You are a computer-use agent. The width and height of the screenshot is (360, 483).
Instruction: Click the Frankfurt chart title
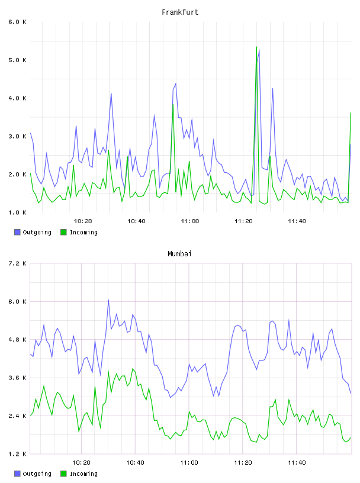pyautogui.click(x=180, y=12)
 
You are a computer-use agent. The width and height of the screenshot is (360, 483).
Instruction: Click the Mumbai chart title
pyautogui.click(x=179, y=253)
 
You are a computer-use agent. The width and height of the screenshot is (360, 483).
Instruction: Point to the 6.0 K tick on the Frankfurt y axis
pyautogui.click(x=18, y=22)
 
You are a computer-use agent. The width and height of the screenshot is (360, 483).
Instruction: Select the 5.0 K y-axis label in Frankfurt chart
pyautogui.click(x=18, y=60)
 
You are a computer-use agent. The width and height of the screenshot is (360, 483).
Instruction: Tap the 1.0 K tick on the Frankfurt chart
pyautogui.click(x=18, y=212)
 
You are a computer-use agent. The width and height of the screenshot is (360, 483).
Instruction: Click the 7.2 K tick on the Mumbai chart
pyautogui.click(x=18, y=263)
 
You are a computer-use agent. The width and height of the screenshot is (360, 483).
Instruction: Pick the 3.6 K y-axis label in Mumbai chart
pyautogui.click(x=18, y=378)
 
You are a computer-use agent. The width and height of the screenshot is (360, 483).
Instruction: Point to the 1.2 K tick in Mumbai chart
pyautogui.click(x=18, y=454)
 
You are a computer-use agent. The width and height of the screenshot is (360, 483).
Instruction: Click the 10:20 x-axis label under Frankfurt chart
pyautogui.click(x=83, y=221)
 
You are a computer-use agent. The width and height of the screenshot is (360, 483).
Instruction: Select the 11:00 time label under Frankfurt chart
pyautogui.click(x=190, y=221)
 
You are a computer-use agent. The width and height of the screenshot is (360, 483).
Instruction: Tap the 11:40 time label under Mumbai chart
pyautogui.click(x=297, y=463)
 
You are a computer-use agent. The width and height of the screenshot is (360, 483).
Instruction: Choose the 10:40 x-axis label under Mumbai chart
pyautogui.click(x=136, y=463)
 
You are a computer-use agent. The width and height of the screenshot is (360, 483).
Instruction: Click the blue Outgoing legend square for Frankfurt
pyautogui.click(x=17, y=232)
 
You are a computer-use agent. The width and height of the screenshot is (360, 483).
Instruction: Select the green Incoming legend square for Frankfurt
pyautogui.click(x=63, y=232)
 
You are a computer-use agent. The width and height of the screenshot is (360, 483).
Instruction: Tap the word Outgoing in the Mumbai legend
pyautogui.click(x=37, y=474)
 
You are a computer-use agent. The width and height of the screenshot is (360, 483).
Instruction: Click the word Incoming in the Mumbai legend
pyautogui.click(x=83, y=474)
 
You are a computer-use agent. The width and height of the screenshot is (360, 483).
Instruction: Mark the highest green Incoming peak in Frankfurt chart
pyautogui.click(x=256, y=47)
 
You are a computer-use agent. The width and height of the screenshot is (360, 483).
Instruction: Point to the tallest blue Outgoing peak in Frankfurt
pyautogui.click(x=259, y=50)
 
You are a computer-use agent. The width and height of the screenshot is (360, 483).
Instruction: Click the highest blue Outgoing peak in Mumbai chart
pyautogui.click(x=108, y=300)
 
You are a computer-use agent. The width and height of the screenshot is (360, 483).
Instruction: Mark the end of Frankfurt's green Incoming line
pyautogui.click(x=351, y=113)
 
